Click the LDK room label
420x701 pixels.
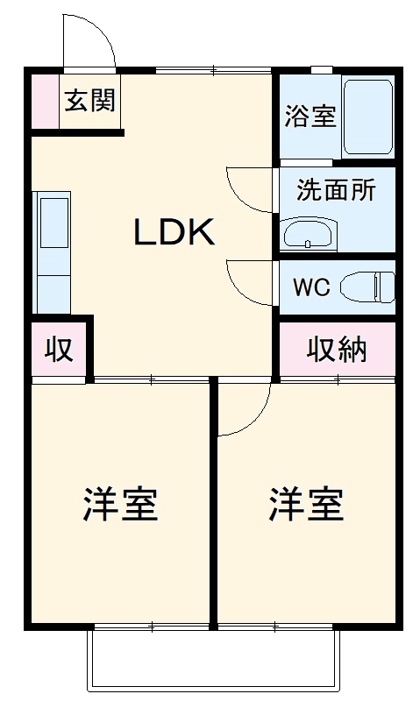174,232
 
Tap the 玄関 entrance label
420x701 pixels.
89,100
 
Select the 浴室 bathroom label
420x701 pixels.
310,117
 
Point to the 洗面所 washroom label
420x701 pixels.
336,189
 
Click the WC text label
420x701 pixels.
310,287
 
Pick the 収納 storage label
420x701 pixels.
337,350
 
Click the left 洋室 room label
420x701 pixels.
120,505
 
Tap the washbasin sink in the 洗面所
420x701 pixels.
307,234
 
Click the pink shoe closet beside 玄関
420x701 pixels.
44,101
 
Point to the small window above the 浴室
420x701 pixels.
321,70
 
